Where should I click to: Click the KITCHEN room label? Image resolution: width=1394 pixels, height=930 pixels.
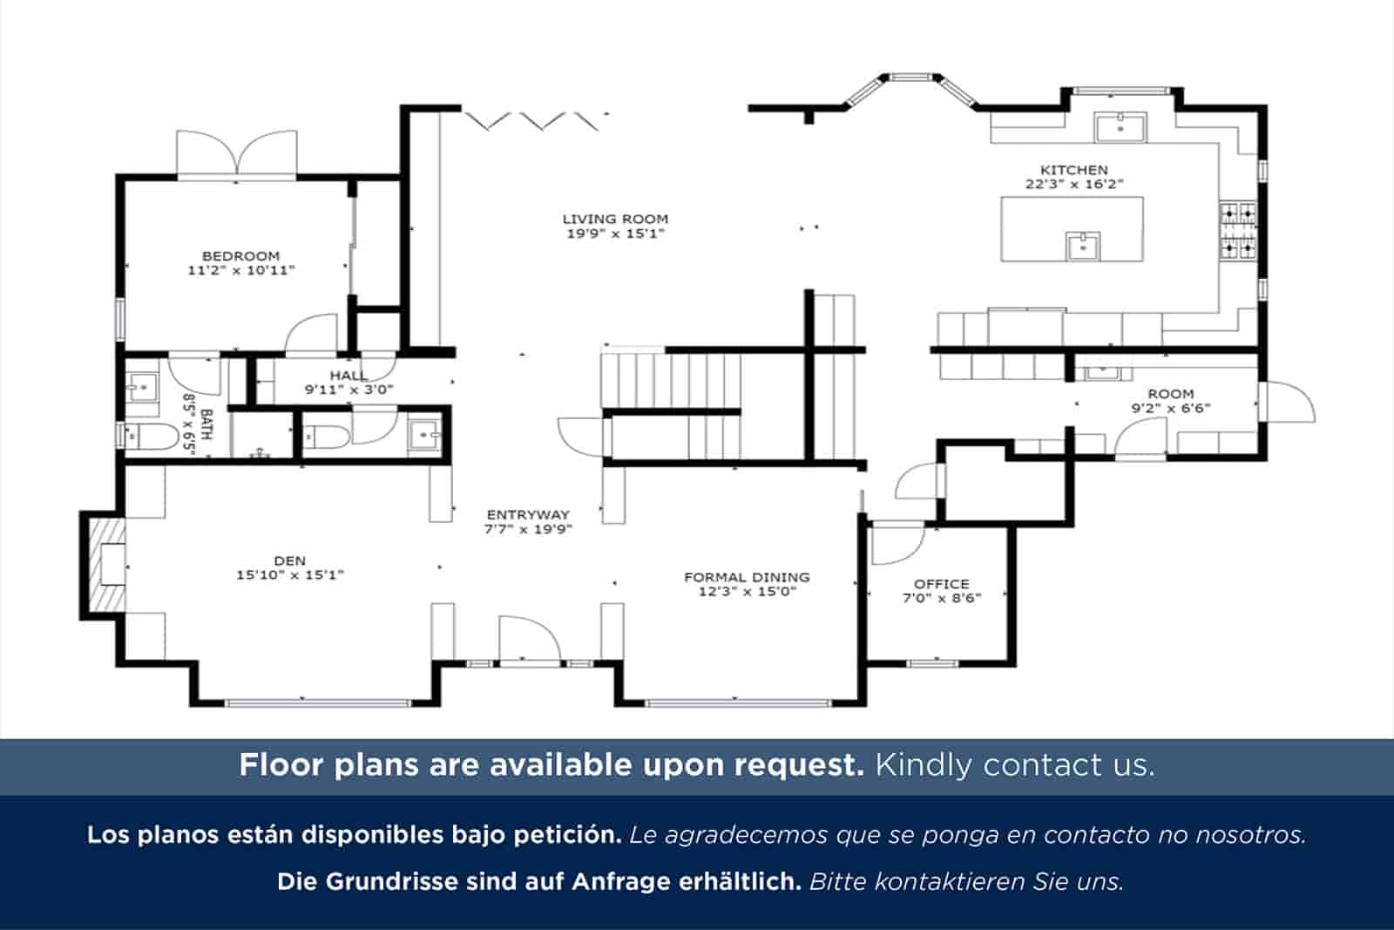pyautogui.click(x=1073, y=170)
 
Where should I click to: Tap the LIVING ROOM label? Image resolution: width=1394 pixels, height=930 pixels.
pyautogui.click(x=615, y=219)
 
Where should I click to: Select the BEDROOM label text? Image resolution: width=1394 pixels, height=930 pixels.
pyautogui.click(x=240, y=255)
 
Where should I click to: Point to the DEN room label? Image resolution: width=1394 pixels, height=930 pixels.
pyautogui.click(x=290, y=560)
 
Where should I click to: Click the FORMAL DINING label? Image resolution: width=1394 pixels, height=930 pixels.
pyautogui.click(x=747, y=577)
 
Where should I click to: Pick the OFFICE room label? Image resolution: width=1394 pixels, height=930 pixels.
pyautogui.click(x=941, y=584)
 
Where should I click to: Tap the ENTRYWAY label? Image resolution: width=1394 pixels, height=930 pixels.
pyautogui.click(x=528, y=514)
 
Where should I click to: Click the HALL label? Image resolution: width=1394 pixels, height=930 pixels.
pyautogui.click(x=348, y=376)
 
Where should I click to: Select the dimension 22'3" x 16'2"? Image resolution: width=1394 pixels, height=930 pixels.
pyautogui.click(x=1073, y=184)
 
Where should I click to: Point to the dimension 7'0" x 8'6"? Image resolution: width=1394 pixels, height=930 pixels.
pyautogui.click(x=941, y=598)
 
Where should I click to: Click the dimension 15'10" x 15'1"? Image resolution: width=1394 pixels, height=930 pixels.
pyautogui.click(x=290, y=574)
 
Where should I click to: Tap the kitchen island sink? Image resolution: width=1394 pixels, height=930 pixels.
pyautogui.click(x=1083, y=247)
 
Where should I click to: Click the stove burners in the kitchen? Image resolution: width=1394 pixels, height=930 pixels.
pyautogui.click(x=1238, y=231)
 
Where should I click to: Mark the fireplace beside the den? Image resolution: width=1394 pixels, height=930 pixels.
pyautogui.click(x=105, y=565)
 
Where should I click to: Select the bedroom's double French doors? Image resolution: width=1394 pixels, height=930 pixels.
pyautogui.click(x=237, y=156)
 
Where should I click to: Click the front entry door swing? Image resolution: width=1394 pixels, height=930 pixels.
pyautogui.click(x=528, y=641)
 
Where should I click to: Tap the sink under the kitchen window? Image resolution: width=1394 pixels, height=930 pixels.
pyautogui.click(x=1120, y=127)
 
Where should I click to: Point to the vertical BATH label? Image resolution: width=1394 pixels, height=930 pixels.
pyautogui.click(x=206, y=424)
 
